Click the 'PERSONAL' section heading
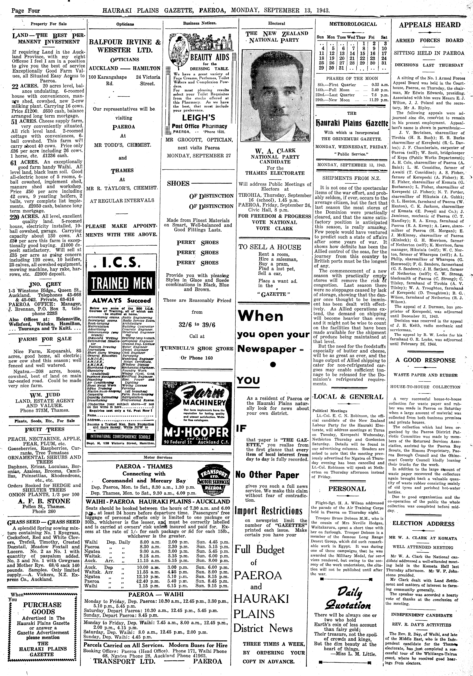pos(347,489)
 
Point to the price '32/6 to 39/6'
pos(197,324)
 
